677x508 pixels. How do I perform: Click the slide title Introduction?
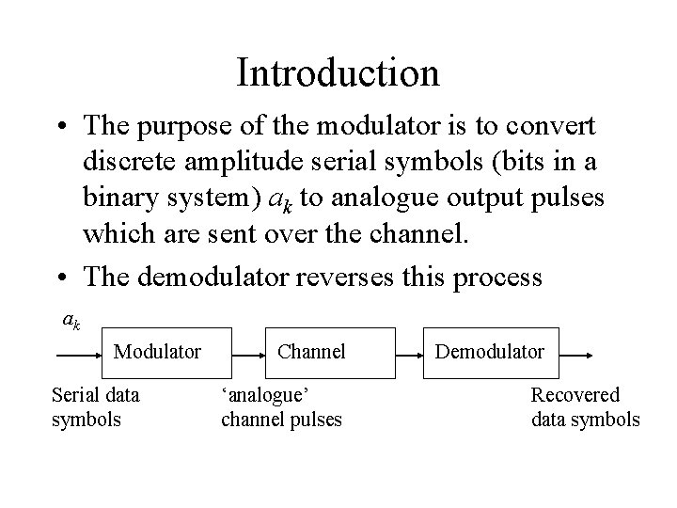(x=338, y=72)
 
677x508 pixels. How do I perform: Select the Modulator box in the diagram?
(x=157, y=352)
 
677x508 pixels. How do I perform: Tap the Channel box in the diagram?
(x=311, y=352)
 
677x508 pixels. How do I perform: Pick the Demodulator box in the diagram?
(x=489, y=352)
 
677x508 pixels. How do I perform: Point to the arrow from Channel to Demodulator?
(x=406, y=357)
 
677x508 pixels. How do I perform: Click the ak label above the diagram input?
(x=71, y=321)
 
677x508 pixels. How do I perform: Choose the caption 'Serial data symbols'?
(x=88, y=407)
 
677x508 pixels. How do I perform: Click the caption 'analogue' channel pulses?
(x=281, y=407)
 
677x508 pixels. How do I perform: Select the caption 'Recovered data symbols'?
(x=585, y=407)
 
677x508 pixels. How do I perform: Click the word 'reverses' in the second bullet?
(x=353, y=277)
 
